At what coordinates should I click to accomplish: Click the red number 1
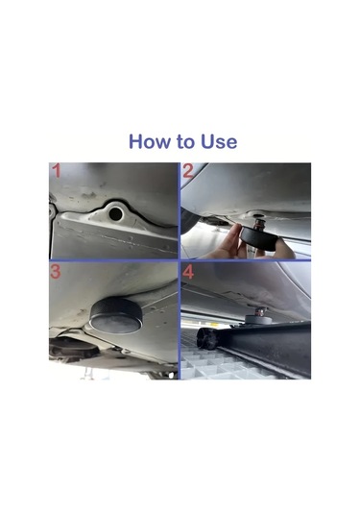pyautogui.click(x=57, y=173)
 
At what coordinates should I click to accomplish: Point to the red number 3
pyautogui.click(x=56, y=273)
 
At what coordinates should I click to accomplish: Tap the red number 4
pyautogui.click(x=189, y=273)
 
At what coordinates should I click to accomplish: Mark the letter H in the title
pyautogui.click(x=135, y=142)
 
